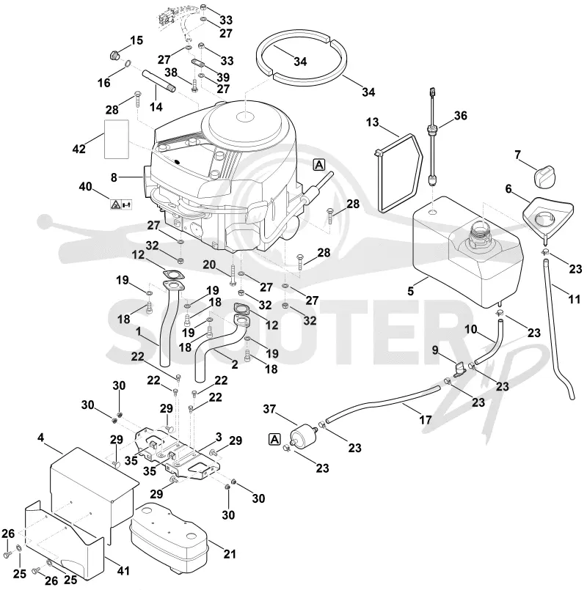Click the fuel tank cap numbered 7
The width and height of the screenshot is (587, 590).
point(545,177)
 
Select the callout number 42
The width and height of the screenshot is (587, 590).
point(79,149)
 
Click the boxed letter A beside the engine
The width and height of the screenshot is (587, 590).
point(318,165)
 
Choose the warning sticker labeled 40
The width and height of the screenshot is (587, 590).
point(121,204)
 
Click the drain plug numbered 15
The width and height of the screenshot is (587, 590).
point(114,56)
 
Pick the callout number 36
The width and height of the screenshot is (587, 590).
point(460,116)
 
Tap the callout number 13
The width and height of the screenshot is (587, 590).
point(372,122)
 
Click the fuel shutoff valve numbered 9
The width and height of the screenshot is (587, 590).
point(460,369)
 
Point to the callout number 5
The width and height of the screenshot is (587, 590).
point(411,291)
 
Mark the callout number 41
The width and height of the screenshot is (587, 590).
point(123,571)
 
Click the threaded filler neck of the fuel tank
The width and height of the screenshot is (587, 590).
point(479,233)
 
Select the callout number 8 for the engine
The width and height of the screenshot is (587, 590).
point(114,177)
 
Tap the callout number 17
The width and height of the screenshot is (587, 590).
point(426,419)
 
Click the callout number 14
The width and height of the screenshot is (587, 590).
point(156,107)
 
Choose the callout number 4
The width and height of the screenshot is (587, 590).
point(40,438)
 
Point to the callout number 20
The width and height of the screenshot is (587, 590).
point(209,265)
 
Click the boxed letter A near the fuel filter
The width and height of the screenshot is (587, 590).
point(275,439)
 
